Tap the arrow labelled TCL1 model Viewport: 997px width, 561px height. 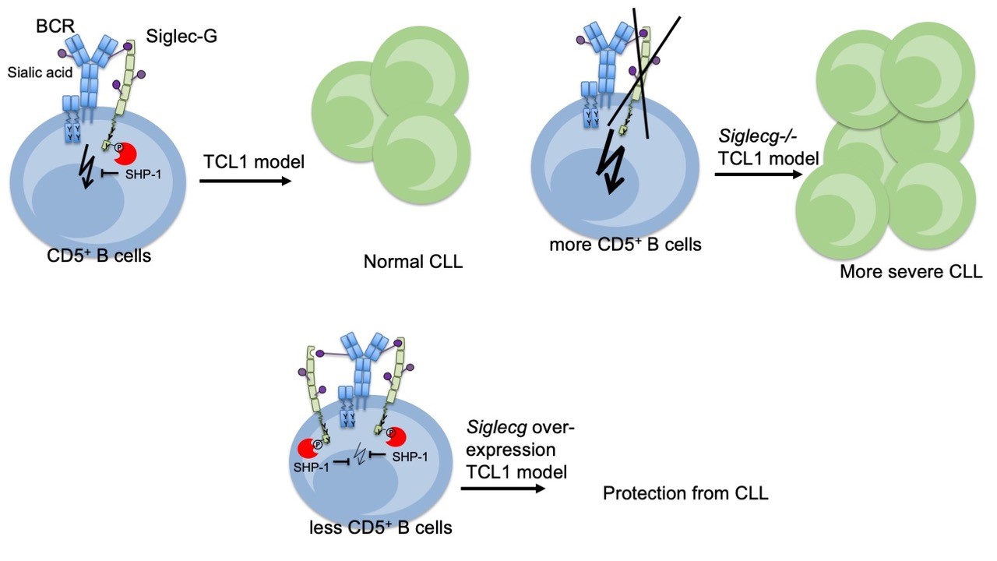(245, 182)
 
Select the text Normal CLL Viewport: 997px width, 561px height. (413, 262)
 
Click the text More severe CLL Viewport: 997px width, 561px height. (911, 272)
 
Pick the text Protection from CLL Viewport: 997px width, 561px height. (685, 492)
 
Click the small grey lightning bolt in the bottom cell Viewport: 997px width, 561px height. (359, 454)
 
